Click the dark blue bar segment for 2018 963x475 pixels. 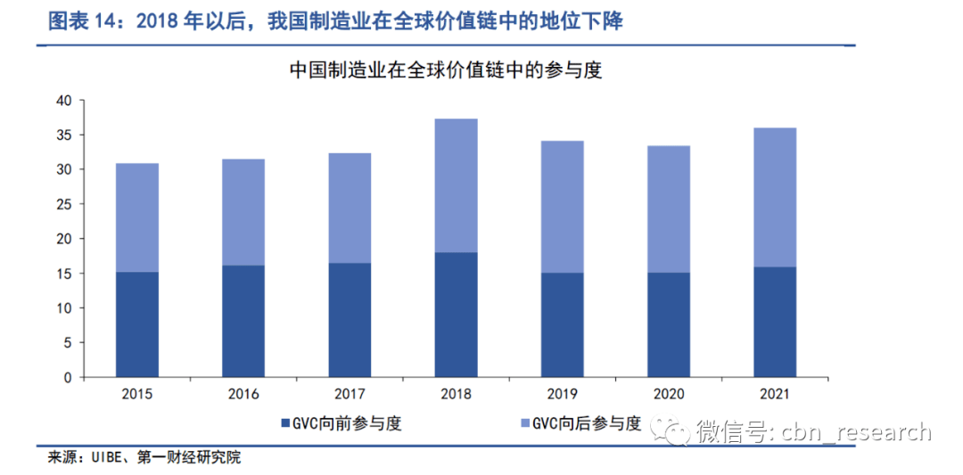tap(456, 315)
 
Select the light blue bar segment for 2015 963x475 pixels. tap(137, 217)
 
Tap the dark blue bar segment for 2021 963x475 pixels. tap(775, 322)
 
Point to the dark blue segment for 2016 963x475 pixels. tap(243, 321)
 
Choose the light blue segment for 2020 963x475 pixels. tap(669, 209)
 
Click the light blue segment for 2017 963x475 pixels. tap(350, 208)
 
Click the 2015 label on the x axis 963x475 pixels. tap(137, 394)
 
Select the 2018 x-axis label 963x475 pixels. tap(456, 394)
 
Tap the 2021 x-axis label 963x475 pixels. tap(775, 394)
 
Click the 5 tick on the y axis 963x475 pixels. tap(67, 342)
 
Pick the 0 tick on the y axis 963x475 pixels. tap(67, 377)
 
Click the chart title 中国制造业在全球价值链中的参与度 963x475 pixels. tap(446, 70)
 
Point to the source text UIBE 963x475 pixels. tap(105, 459)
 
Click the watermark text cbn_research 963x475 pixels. tap(856, 433)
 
